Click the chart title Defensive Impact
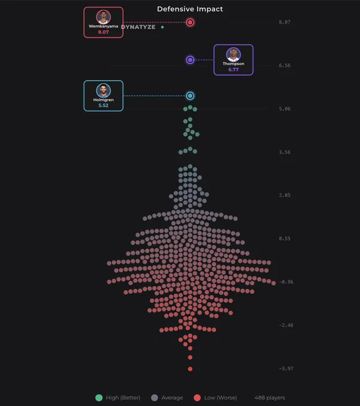190,9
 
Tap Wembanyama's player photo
103,17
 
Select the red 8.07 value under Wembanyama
103,32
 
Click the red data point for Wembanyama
190,23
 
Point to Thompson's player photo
233,54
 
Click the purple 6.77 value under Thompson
233,69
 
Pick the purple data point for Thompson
190,60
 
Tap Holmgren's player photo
103,90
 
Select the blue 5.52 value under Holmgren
103,106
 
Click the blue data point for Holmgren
190,96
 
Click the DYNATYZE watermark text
139,27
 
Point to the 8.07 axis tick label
285,22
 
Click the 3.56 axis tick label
285,152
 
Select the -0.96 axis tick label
286,282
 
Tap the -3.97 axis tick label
286,368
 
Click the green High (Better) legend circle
99,398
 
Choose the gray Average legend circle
155,398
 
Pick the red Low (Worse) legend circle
198,398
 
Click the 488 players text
270,398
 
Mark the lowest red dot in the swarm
190,369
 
